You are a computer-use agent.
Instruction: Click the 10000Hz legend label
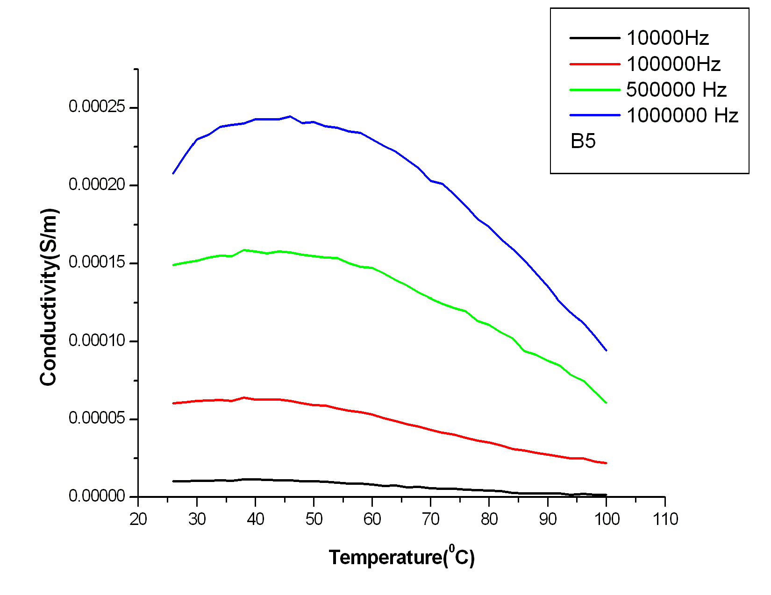tap(667, 38)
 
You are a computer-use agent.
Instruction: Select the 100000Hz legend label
tap(673, 64)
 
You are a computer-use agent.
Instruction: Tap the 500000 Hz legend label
tap(676, 90)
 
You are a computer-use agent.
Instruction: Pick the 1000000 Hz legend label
tap(682, 115)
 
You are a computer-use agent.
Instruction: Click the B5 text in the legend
tap(583, 141)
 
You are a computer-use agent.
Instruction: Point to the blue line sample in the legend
tap(594, 115)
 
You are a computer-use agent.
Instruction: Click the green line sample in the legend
tap(594, 90)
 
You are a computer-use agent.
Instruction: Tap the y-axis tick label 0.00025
tap(97, 107)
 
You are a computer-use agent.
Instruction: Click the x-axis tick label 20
tap(138, 519)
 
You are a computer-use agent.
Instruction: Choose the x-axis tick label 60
tap(372, 519)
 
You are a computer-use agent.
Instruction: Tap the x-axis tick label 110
tap(665, 519)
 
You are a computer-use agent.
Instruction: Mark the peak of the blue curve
tap(290, 116)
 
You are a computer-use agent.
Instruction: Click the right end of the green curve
tap(606, 403)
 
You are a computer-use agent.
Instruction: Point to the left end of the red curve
tap(173, 403)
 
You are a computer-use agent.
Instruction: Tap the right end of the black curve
tap(606, 495)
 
